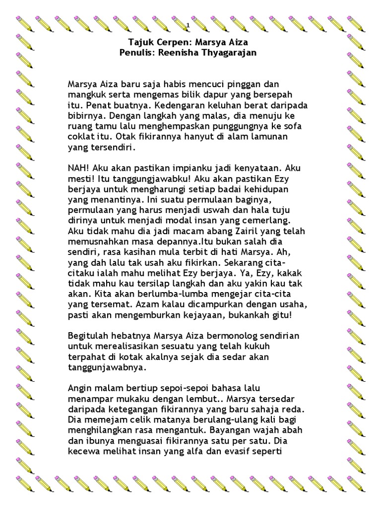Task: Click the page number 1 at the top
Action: [188, 25]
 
